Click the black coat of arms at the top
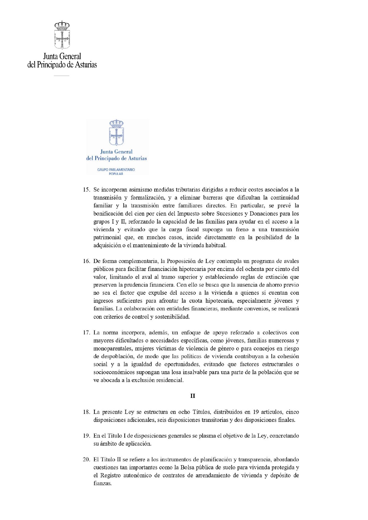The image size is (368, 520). click(62, 35)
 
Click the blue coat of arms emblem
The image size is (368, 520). click(116, 133)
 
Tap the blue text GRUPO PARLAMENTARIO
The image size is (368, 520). click(116, 170)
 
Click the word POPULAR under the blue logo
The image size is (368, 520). click(116, 174)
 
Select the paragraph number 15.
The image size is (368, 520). click(86, 190)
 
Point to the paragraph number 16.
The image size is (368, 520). click(86, 261)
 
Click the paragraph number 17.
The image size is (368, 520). click(86, 333)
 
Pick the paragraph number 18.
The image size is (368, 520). click(86, 412)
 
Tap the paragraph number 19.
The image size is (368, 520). click(86, 436)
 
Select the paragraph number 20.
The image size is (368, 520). click(86, 460)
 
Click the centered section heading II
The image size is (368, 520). click(193, 396)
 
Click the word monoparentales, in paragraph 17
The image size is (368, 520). click(113, 349)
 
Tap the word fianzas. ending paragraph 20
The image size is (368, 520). click(102, 483)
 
